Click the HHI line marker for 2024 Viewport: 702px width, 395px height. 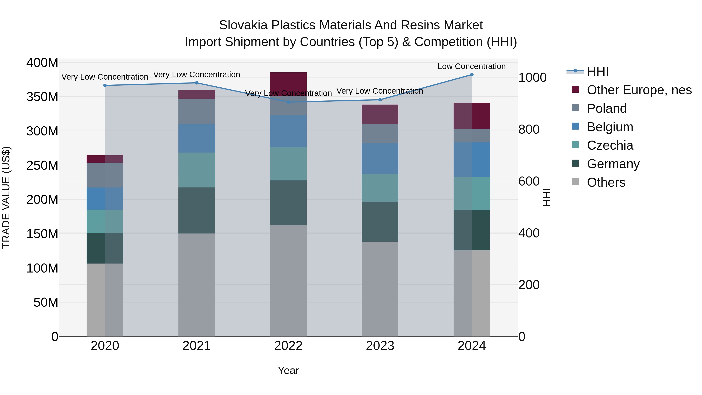472,75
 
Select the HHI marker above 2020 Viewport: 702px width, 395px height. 105,85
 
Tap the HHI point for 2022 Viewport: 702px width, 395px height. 288,102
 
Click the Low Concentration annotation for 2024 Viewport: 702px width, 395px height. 472,66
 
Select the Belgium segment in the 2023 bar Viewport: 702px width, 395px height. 380,158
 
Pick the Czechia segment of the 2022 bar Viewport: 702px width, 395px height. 288,164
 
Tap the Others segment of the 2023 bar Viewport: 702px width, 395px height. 380,289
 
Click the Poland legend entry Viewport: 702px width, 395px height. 607,108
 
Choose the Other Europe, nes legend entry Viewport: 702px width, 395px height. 639,90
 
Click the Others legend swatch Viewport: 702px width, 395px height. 575,182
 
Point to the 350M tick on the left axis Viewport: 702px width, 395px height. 42,97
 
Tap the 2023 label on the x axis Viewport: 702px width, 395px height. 380,346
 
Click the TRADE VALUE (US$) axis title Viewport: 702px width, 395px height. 6,197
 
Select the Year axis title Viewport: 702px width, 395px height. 288,370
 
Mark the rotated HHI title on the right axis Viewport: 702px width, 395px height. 547,197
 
